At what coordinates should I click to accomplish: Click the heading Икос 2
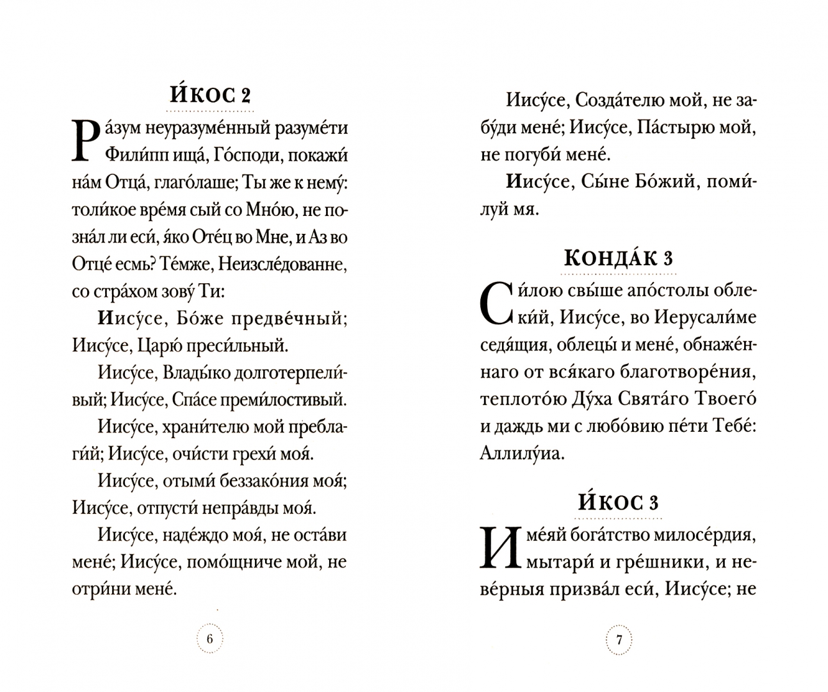click(210, 96)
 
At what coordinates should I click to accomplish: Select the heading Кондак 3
click(618, 258)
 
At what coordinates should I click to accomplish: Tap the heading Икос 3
click(618, 502)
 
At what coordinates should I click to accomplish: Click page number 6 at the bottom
click(210, 639)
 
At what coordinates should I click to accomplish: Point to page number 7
click(619, 639)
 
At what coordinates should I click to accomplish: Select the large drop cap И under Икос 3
click(496, 548)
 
